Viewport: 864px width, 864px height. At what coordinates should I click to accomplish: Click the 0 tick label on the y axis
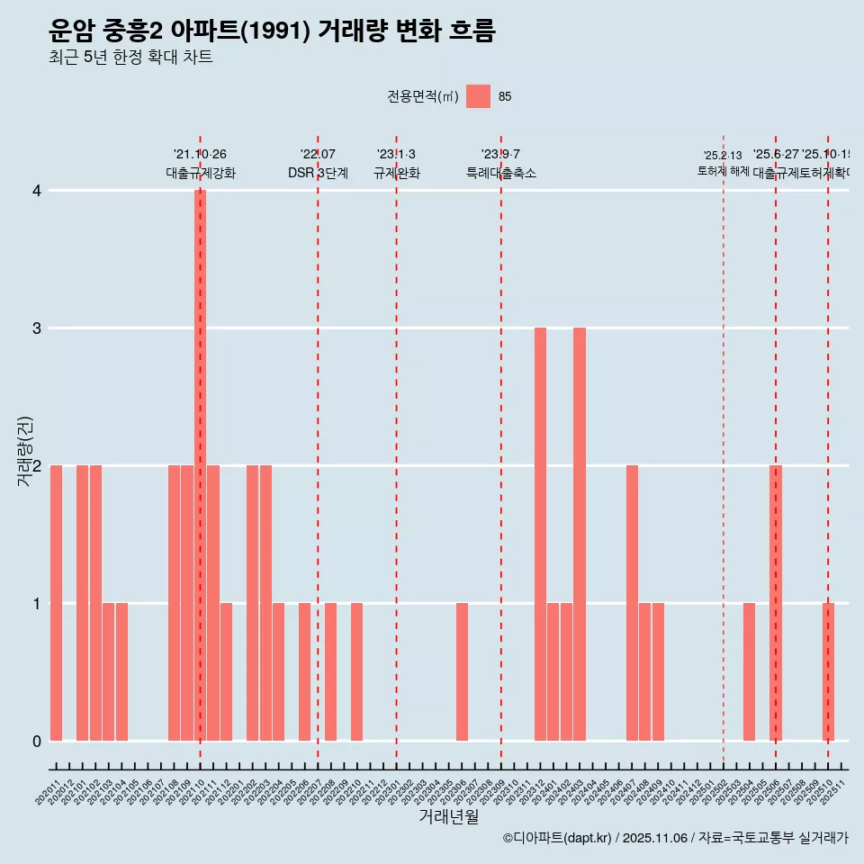coord(36,741)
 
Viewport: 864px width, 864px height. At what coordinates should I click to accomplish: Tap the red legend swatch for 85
coord(478,96)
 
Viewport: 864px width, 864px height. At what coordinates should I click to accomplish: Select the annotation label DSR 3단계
coord(318,173)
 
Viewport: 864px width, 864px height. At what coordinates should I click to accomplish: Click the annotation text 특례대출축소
coord(500,173)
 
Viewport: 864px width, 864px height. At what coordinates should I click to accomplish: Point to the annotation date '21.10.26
coord(200,155)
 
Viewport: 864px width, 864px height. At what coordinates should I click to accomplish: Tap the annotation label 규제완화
coord(396,173)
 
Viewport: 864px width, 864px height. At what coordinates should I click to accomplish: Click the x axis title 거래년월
coord(448,816)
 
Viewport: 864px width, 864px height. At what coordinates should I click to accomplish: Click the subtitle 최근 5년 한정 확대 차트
coord(131,58)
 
